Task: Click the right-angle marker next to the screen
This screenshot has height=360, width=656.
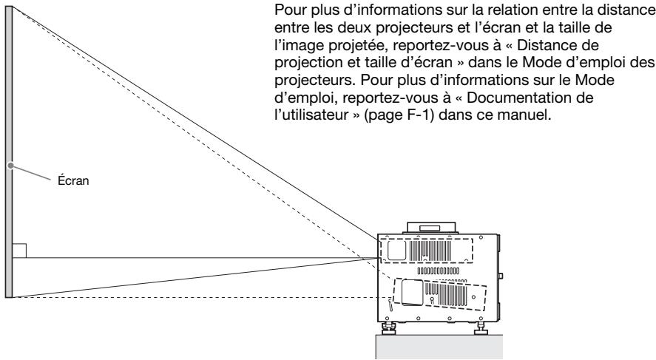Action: coord(19,251)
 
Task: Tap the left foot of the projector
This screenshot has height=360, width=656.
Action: coord(387,327)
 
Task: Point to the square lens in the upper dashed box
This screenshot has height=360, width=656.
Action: coord(396,251)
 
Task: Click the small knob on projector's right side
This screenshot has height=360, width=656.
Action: coord(501,277)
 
